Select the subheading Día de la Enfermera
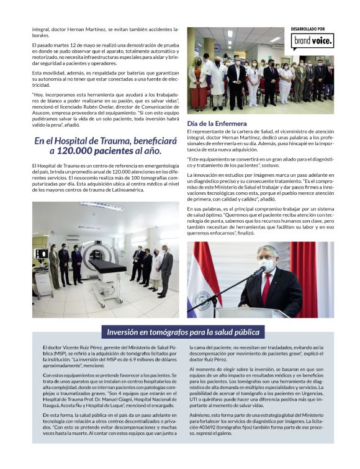216,123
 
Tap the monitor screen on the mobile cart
42,254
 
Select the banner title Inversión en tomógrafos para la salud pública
182,332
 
